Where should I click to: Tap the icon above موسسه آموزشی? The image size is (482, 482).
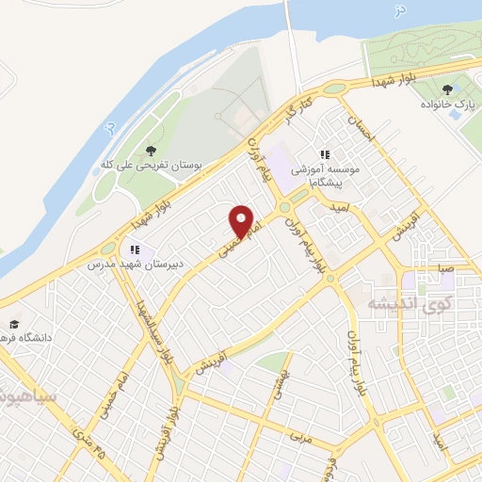[325, 153]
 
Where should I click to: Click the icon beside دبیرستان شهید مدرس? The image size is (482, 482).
[136, 249]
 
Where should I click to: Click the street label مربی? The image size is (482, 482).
[300, 438]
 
